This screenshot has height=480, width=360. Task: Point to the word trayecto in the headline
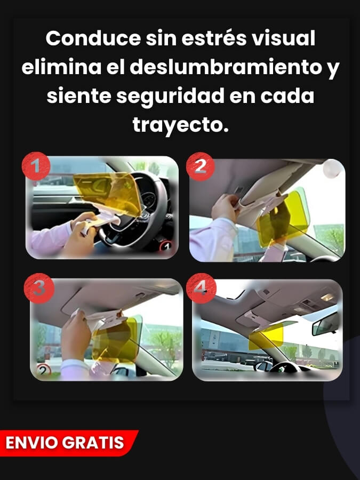178,125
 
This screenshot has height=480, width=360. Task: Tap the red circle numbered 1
36,166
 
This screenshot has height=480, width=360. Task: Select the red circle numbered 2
200,166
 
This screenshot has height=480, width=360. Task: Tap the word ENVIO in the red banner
31,442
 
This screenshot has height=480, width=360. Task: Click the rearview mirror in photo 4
325,324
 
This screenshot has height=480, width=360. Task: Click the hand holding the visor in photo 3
77,336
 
